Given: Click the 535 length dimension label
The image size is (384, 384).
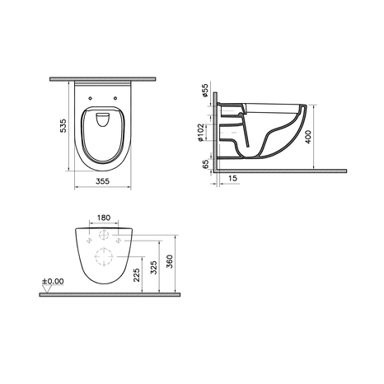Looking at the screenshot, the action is [x=63, y=126].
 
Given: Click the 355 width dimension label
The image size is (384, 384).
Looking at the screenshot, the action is [x=102, y=181].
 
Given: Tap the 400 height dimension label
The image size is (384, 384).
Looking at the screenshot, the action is [x=308, y=137].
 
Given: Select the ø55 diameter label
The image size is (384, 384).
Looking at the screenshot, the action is [x=205, y=91].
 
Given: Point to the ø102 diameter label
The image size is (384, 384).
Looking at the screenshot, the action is [x=201, y=133].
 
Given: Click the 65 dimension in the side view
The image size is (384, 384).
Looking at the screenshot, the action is [x=205, y=164].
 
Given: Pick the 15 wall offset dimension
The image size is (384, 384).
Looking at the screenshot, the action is [x=232, y=178].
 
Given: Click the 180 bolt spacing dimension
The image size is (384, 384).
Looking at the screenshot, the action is [x=104, y=218].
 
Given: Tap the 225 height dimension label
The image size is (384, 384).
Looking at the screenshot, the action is [x=137, y=275].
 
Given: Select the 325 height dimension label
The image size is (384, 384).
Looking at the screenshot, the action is [x=154, y=268].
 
